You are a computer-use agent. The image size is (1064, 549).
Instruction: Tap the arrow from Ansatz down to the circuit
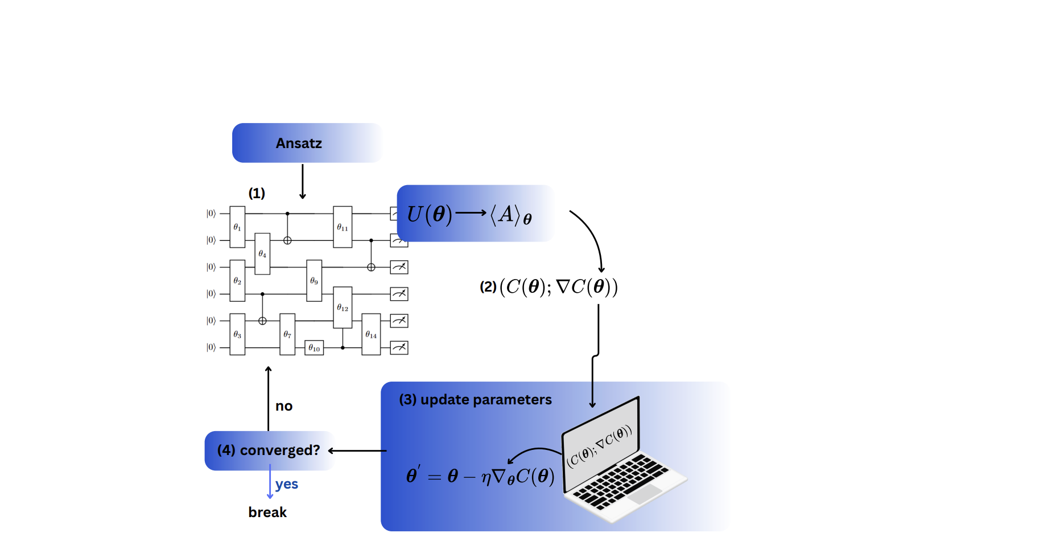(x=303, y=181)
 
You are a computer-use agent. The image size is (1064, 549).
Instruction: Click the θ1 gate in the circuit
(x=237, y=227)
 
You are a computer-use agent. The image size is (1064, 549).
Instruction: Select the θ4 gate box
(x=262, y=253)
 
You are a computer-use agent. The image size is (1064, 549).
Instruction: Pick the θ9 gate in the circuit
(x=314, y=280)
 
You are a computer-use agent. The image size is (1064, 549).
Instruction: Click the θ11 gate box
(x=343, y=227)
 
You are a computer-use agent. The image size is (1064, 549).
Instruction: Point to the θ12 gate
(x=343, y=308)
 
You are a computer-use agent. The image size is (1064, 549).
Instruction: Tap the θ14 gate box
(x=371, y=334)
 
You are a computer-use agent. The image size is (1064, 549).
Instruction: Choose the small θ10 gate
(x=314, y=347)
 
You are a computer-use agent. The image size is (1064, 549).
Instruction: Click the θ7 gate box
(x=287, y=334)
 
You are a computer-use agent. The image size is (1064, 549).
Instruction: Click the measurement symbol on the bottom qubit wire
(x=399, y=347)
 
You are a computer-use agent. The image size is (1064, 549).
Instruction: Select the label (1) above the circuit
(x=257, y=193)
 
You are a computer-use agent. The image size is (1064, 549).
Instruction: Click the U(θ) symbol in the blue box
(x=430, y=215)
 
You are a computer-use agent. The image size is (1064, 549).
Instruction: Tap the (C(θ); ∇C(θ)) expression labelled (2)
(x=558, y=286)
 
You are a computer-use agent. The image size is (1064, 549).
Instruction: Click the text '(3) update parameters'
(x=475, y=400)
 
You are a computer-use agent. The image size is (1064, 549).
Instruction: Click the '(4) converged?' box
(x=269, y=450)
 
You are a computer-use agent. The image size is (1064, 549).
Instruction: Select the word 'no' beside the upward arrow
(x=284, y=407)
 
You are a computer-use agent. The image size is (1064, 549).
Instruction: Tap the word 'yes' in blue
(x=287, y=484)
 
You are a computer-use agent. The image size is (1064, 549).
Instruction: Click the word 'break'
(x=267, y=513)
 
